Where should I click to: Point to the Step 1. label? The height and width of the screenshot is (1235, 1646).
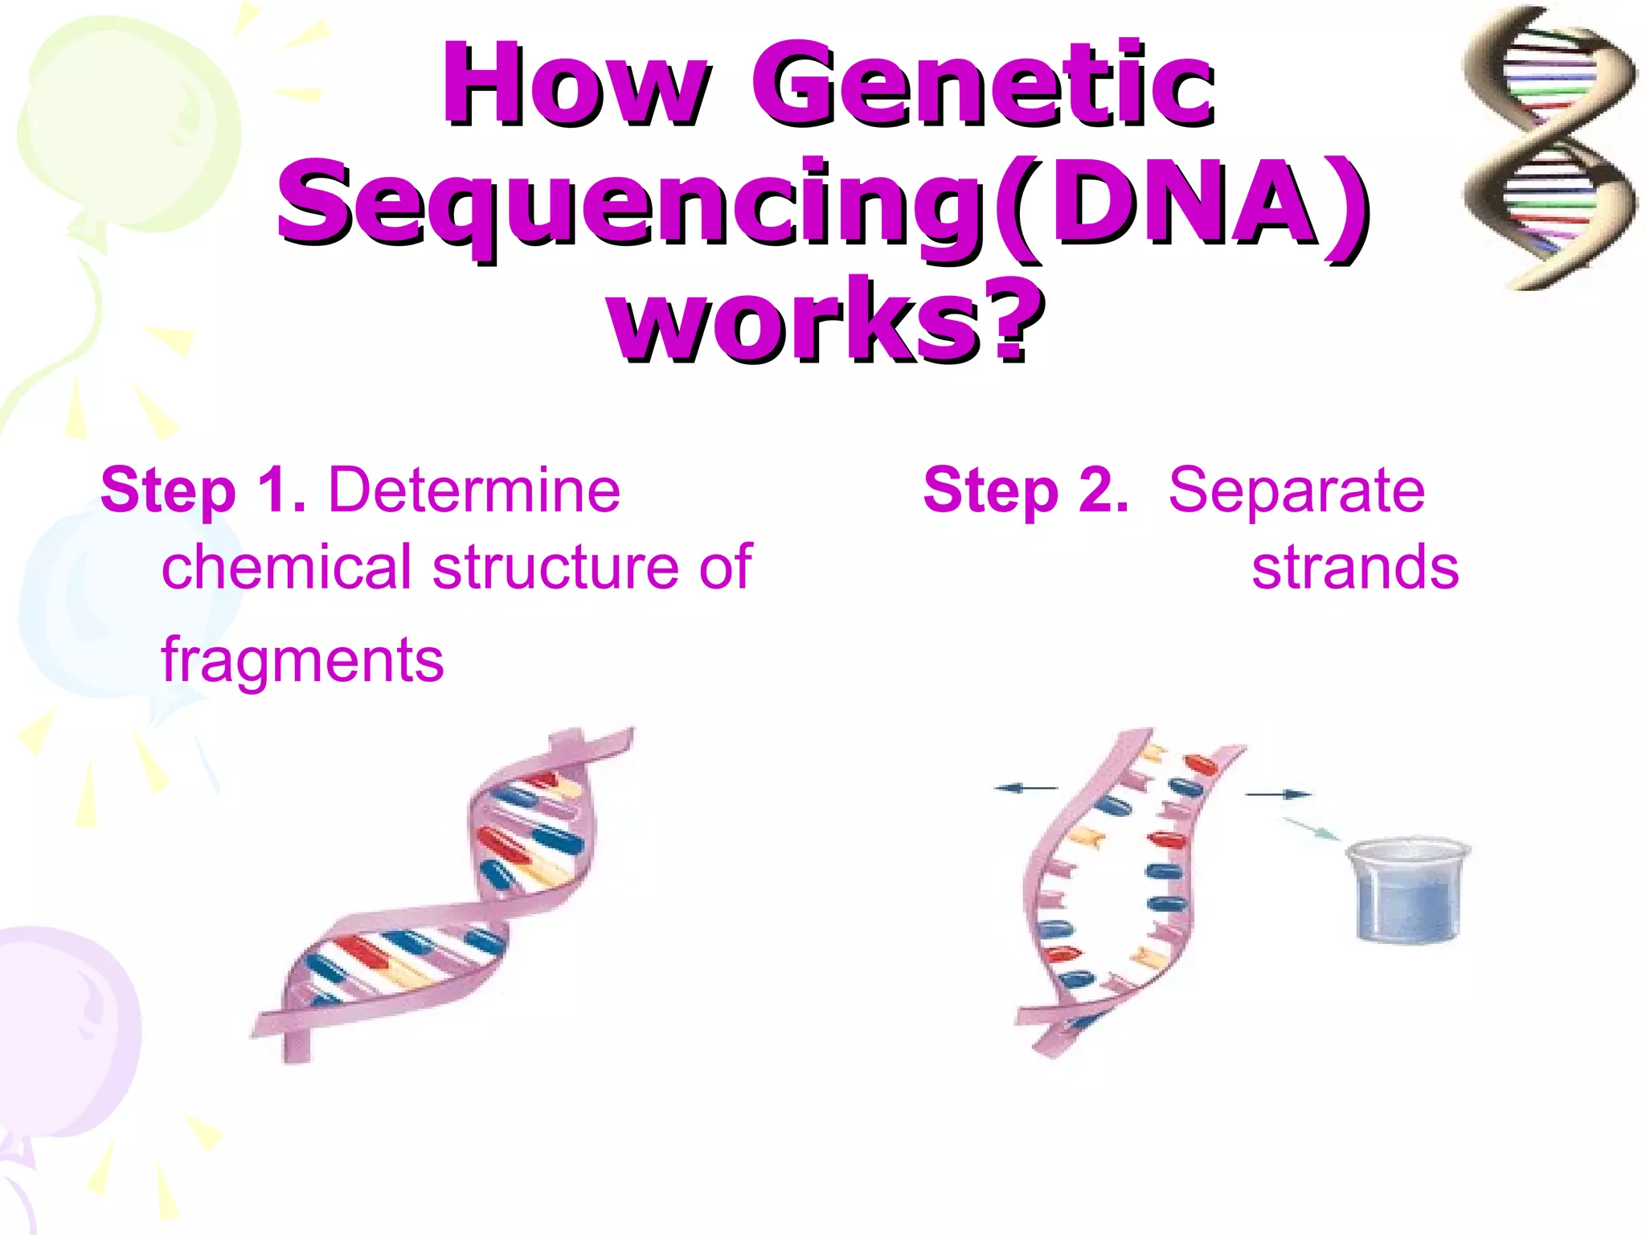203,490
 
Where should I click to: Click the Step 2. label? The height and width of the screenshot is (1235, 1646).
1026,490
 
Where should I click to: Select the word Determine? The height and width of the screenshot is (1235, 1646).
474,490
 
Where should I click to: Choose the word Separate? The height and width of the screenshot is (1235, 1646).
1296,490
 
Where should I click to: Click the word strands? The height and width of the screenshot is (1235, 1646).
1355,568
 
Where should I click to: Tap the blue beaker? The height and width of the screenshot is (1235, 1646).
1408,891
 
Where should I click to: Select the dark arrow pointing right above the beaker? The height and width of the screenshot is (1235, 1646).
1278,794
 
